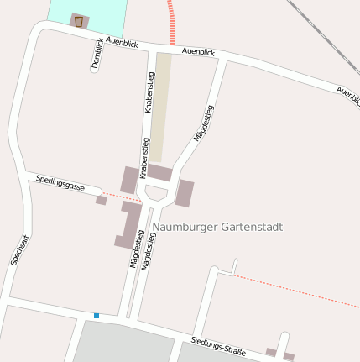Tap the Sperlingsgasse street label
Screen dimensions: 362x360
(60, 183)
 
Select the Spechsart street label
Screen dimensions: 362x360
(20, 249)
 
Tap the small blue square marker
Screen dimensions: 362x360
(97, 316)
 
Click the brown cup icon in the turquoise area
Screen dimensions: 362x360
(79, 20)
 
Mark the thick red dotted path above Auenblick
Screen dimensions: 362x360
(172, 21)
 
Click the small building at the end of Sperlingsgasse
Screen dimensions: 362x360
(101, 200)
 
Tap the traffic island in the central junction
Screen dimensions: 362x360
(156, 193)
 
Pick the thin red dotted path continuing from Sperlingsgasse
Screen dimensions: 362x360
(124, 197)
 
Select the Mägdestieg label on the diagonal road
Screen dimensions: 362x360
(204, 123)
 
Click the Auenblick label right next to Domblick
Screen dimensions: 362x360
(122, 41)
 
